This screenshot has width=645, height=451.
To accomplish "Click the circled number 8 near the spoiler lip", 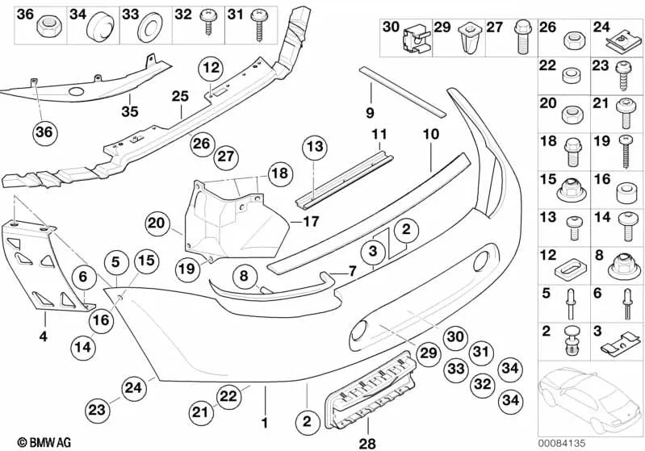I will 241,277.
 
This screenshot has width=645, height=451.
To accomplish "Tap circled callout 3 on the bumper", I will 374,252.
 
